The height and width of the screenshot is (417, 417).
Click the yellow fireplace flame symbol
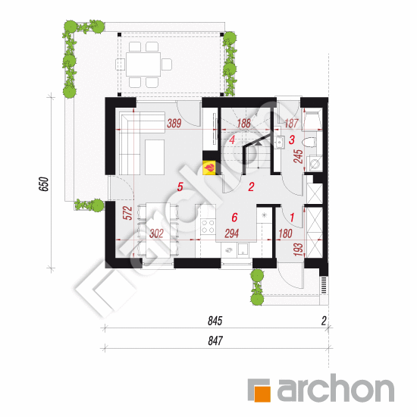(x=209, y=168)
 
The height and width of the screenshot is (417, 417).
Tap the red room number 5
(x=180, y=187)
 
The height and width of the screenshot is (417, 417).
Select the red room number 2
(x=251, y=187)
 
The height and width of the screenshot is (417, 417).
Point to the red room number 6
(x=234, y=218)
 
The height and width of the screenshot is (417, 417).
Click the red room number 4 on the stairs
(x=232, y=140)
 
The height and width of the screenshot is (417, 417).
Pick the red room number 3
(x=292, y=140)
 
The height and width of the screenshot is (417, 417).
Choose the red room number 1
(x=292, y=218)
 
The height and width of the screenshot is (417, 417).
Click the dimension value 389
(x=174, y=124)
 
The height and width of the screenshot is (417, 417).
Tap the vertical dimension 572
(x=128, y=213)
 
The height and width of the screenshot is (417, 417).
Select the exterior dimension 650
(x=44, y=184)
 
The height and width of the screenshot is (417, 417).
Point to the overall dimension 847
(x=215, y=341)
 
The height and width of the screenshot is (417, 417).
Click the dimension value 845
(x=215, y=321)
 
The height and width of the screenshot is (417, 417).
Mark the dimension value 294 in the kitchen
(x=232, y=234)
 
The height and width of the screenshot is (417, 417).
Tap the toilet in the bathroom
(x=309, y=143)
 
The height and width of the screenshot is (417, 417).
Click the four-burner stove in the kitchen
(x=208, y=226)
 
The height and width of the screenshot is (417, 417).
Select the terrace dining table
(x=143, y=64)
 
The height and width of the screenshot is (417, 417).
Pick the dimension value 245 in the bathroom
(x=299, y=156)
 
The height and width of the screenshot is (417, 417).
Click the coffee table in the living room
(x=155, y=157)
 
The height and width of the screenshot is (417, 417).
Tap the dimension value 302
(x=156, y=234)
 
